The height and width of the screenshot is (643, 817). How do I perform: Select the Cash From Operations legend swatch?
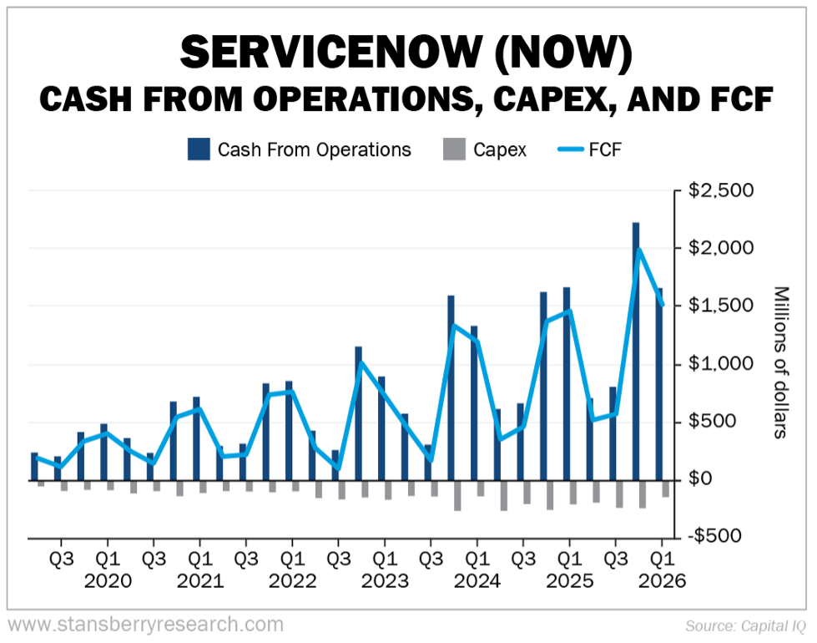(x=199, y=149)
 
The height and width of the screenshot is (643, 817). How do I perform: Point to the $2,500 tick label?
(x=722, y=191)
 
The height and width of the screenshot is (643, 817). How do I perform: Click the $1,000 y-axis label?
(x=722, y=364)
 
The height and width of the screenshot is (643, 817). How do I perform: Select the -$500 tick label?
(x=719, y=535)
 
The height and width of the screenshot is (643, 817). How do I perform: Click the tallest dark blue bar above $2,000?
(x=636, y=351)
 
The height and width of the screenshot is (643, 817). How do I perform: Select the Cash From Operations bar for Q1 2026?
(x=659, y=384)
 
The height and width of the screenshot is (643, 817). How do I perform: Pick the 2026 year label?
(x=661, y=581)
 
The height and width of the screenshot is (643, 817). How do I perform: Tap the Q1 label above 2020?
(x=107, y=557)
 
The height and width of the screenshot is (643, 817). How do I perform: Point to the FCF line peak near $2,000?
(x=639, y=249)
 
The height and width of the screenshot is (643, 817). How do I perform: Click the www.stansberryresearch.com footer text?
(x=145, y=624)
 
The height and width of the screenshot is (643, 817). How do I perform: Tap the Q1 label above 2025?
(x=568, y=557)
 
